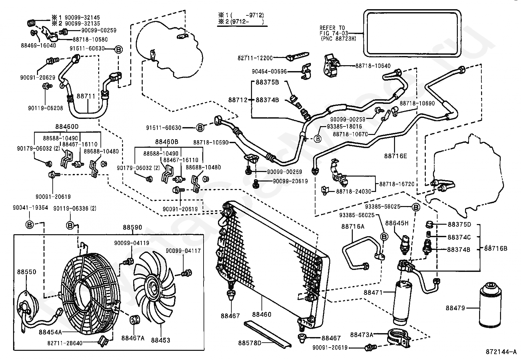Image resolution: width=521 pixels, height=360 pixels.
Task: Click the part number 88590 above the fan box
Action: tap(132, 227)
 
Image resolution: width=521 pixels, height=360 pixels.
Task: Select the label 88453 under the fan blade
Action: tap(160, 340)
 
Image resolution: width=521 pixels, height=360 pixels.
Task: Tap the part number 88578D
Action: tap(250, 343)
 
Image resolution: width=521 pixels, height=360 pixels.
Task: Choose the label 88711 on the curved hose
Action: tap(86, 96)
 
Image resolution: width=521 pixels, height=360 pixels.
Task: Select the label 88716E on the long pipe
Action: tap(396, 156)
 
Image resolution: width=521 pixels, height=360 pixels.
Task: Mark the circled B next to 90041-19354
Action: tap(29, 225)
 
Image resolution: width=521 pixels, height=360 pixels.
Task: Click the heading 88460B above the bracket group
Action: tap(167, 142)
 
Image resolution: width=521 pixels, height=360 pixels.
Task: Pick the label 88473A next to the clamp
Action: tap(362, 335)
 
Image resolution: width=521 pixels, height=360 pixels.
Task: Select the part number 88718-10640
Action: tap(373, 66)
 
